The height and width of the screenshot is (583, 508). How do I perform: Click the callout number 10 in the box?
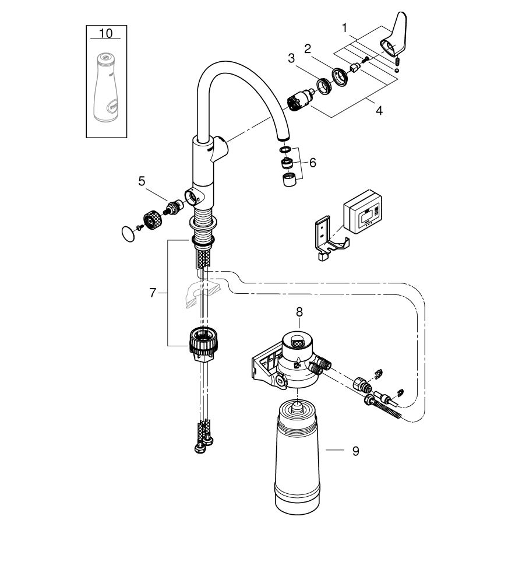[106, 33]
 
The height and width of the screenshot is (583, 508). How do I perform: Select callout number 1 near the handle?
[345, 27]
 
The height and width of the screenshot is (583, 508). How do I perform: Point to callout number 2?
[324, 48]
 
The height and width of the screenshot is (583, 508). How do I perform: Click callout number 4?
[379, 110]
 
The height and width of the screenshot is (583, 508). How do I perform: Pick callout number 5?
[142, 181]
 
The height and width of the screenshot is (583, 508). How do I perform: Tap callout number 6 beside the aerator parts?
[313, 162]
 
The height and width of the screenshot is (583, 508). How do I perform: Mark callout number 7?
[153, 293]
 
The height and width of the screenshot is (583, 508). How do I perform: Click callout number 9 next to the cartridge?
[355, 451]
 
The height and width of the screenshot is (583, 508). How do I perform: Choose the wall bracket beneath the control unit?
[329, 239]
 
